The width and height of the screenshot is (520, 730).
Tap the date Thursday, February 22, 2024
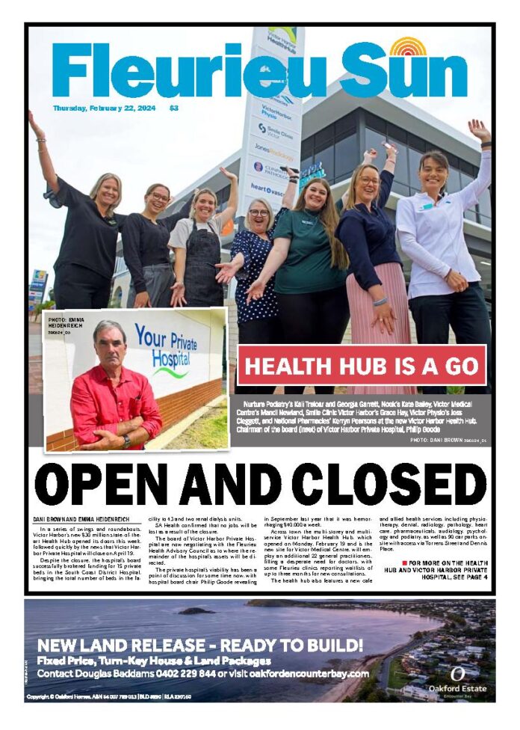click(104, 108)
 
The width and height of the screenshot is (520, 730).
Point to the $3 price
click(173, 108)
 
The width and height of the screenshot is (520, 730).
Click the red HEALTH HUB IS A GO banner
click(362, 366)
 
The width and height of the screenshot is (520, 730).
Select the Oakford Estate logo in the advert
click(457, 679)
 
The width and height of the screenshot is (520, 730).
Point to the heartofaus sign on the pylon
click(267, 187)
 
